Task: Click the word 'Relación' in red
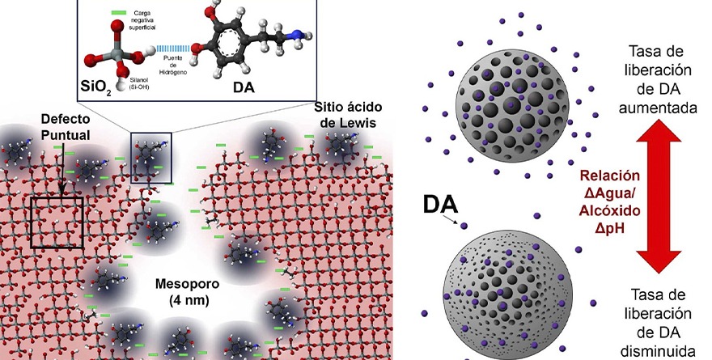(609, 176)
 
